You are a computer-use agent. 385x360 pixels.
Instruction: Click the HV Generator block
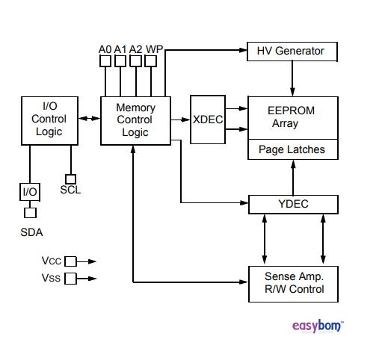[x=292, y=52]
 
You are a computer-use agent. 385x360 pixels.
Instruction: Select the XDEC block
[x=207, y=120]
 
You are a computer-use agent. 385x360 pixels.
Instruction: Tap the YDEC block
[x=292, y=204]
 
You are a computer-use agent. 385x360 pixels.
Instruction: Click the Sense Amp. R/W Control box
[x=292, y=283]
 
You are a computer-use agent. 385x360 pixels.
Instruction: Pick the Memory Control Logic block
[x=135, y=120]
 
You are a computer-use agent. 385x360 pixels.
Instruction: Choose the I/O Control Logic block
[x=49, y=120]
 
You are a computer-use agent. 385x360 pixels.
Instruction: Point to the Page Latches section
[x=292, y=149]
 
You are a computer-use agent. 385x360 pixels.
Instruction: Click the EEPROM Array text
[x=292, y=117]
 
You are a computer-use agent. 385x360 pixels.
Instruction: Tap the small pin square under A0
[x=105, y=61]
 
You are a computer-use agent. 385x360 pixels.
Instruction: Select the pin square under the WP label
[x=153, y=61]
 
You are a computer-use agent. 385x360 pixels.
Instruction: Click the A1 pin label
[x=120, y=49]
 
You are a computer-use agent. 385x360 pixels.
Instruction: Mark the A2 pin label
[x=136, y=49]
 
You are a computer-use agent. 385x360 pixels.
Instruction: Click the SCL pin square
[x=70, y=179]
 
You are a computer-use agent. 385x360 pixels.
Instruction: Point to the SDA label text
[x=31, y=232]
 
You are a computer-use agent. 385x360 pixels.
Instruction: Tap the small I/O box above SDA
[x=30, y=192]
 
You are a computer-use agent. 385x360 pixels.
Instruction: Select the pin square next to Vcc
[x=70, y=261]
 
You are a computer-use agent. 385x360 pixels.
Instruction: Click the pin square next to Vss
[x=70, y=279]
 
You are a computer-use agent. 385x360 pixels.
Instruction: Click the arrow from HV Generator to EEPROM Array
[x=292, y=78]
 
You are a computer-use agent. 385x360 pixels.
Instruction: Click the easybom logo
[x=317, y=326]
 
